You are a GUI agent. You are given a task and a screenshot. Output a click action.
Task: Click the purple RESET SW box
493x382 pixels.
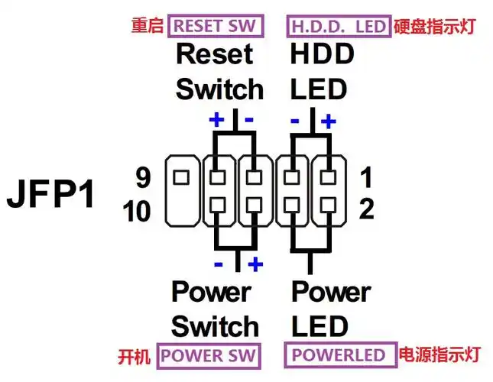pos(215,26)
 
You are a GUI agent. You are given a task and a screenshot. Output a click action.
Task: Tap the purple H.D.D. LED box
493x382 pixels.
pos(339,26)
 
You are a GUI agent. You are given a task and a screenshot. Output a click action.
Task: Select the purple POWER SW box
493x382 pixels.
pos(208,355)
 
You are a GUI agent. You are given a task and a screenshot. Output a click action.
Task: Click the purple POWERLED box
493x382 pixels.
pos(339,355)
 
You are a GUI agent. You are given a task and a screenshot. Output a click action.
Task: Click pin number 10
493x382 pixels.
pos(138,211)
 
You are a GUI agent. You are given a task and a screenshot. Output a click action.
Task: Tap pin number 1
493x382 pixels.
pos(365,178)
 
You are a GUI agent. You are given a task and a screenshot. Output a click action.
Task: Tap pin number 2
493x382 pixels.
pos(365,209)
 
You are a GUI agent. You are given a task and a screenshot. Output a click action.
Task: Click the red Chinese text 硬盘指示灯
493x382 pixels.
pos(435,27)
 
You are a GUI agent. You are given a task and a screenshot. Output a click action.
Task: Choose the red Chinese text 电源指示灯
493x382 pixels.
pos(439,355)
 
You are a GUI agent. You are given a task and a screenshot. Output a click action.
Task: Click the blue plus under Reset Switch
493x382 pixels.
pos(216,121)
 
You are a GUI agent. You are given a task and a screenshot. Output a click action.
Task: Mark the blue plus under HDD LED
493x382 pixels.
pos(329,121)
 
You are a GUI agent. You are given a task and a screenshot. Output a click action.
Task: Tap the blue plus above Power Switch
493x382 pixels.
pos(255,264)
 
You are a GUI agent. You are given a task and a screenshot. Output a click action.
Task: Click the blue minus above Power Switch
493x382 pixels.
pos(219,264)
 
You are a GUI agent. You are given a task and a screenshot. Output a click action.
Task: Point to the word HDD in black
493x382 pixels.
pos(322,55)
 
